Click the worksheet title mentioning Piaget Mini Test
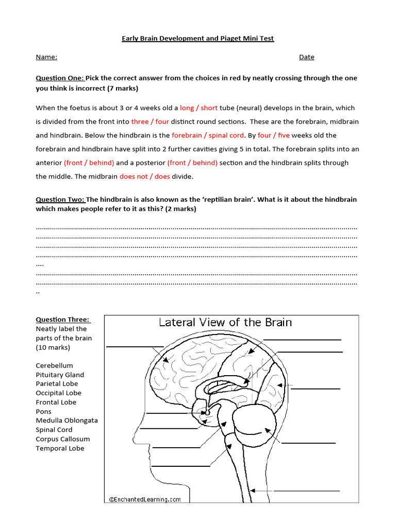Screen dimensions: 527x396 click(197, 39)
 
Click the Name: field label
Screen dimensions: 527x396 click(46, 57)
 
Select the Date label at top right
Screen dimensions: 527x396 click(306, 57)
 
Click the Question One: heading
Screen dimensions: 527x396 click(59, 78)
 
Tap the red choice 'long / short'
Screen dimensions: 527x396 click(199, 108)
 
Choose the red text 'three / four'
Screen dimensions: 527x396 click(150, 122)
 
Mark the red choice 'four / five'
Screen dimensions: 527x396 click(274, 136)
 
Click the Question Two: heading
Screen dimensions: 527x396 click(60, 200)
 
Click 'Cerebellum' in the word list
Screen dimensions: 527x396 click(54, 366)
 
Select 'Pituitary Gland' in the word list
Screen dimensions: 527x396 click(60, 375)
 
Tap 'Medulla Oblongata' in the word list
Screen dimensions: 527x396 click(67, 420)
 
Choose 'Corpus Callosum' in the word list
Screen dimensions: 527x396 click(62, 439)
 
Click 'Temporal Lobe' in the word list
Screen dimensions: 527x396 click(60, 448)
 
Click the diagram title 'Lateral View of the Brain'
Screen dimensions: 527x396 click(225, 323)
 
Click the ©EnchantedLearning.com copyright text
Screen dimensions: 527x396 click(145, 499)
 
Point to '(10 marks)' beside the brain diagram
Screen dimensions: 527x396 click(53, 347)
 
